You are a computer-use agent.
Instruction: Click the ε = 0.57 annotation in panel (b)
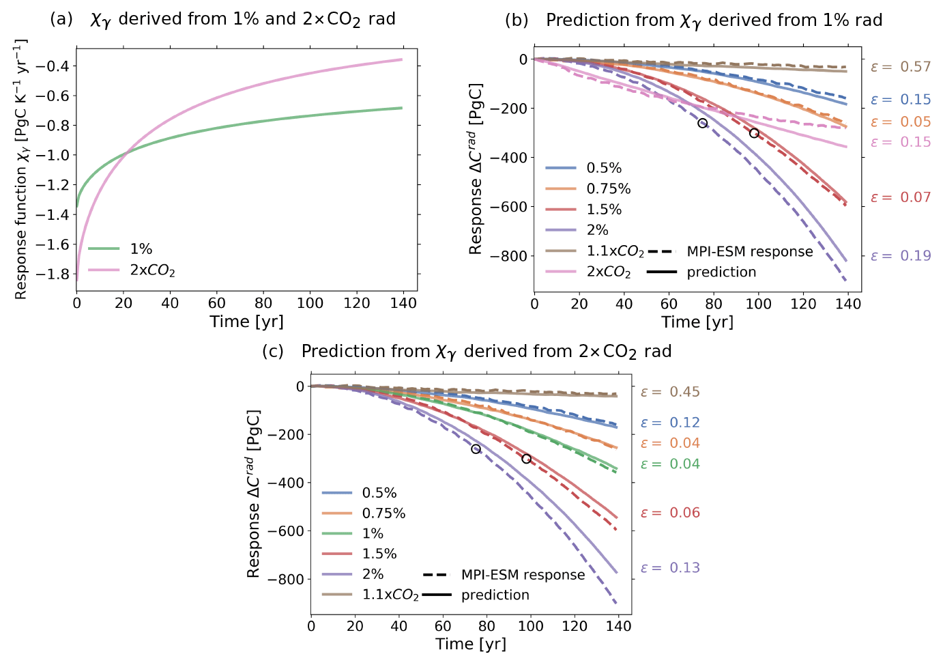click(x=900, y=67)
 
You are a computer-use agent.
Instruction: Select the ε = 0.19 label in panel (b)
click(x=900, y=256)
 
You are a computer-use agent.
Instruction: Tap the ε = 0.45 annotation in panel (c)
click(x=670, y=392)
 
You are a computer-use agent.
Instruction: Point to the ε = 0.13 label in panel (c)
click(x=670, y=568)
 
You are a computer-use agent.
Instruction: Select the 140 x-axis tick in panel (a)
click(x=403, y=304)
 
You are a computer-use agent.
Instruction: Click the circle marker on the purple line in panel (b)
click(x=703, y=123)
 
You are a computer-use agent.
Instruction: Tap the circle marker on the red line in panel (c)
click(x=527, y=459)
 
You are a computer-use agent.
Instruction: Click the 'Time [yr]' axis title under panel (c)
click(x=471, y=644)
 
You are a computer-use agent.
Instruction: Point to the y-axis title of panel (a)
click(x=21, y=169)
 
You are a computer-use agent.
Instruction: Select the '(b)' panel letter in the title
click(x=517, y=20)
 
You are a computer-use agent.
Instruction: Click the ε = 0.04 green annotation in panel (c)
click(x=670, y=464)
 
